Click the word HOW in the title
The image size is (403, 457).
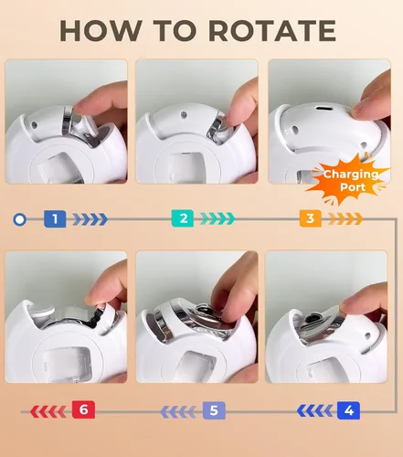coord(101,30)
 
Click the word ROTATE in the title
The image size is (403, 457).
coord(272,30)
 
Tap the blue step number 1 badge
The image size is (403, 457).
coord(55,218)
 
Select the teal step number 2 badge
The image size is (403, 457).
coord(183,218)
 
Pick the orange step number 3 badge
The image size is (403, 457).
coord(311,218)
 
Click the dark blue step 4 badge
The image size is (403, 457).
coord(348,410)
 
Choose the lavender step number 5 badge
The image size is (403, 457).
coord(214,410)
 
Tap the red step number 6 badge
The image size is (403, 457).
coord(83,409)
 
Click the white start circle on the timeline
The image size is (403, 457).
coord(20,219)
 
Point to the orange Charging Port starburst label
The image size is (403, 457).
coord(349,179)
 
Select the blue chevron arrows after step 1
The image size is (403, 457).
coord(90,219)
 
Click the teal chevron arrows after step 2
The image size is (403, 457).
coord(217,218)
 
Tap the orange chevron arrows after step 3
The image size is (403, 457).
coord(345,218)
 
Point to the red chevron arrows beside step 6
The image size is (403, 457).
coord(48,411)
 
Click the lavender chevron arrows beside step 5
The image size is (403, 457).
coord(178,412)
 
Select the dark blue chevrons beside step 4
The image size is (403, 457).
coord(315,411)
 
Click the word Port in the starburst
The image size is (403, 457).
coord(353,186)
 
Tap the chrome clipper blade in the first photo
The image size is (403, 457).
coord(68,121)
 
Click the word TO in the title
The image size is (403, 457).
coord(175,30)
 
